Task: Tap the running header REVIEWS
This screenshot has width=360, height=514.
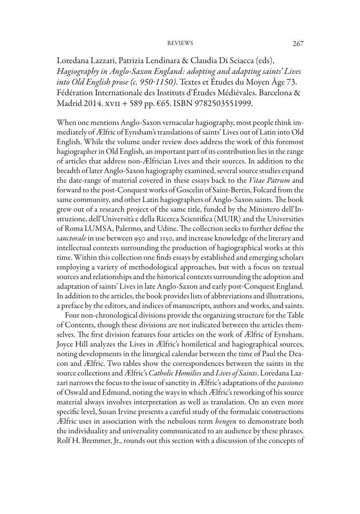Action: coord(181,43)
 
